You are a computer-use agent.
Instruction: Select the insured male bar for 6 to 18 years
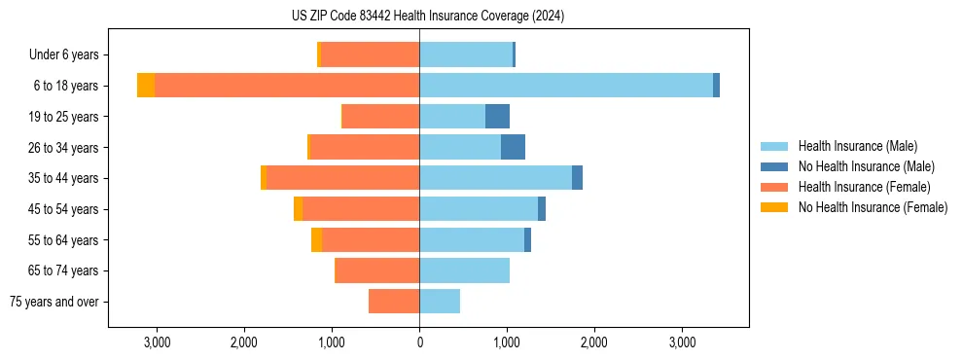(565, 86)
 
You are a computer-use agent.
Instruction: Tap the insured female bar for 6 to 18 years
(287, 86)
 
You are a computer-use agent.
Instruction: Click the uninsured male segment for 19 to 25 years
(497, 117)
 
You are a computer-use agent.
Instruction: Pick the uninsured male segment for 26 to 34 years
(513, 147)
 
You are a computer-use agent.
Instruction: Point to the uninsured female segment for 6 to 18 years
(146, 86)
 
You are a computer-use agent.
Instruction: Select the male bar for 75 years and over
(440, 302)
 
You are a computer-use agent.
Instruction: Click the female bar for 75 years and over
(394, 302)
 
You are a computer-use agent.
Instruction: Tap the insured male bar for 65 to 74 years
(464, 270)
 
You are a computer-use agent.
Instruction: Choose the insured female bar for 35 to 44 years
(342, 178)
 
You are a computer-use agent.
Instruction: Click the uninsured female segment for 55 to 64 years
(316, 239)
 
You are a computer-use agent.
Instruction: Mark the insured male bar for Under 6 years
(466, 54)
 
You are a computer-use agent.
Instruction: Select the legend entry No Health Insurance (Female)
(873, 207)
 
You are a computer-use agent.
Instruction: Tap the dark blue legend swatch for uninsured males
(774, 166)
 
